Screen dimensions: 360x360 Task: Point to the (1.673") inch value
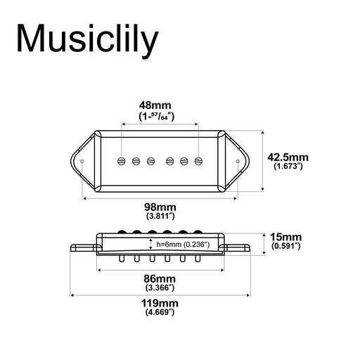pyautogui.click(x=288, y=167)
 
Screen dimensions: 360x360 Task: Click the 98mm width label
pyautogui.click(x=160, y=207)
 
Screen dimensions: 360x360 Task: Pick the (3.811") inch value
pyautogui.click(x=160, y=218)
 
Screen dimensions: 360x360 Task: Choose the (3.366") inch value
pyautogui.click(x=160, y=287)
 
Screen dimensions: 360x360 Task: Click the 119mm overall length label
pyautogui.click(x=160, y=303)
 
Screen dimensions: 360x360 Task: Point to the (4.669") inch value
pyautogui.click(x=160, y=314)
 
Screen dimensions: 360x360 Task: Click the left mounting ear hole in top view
pyautogui.click(x=84, y=162)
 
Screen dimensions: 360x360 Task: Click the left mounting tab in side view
pyautogui.click(x=83, y=247)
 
